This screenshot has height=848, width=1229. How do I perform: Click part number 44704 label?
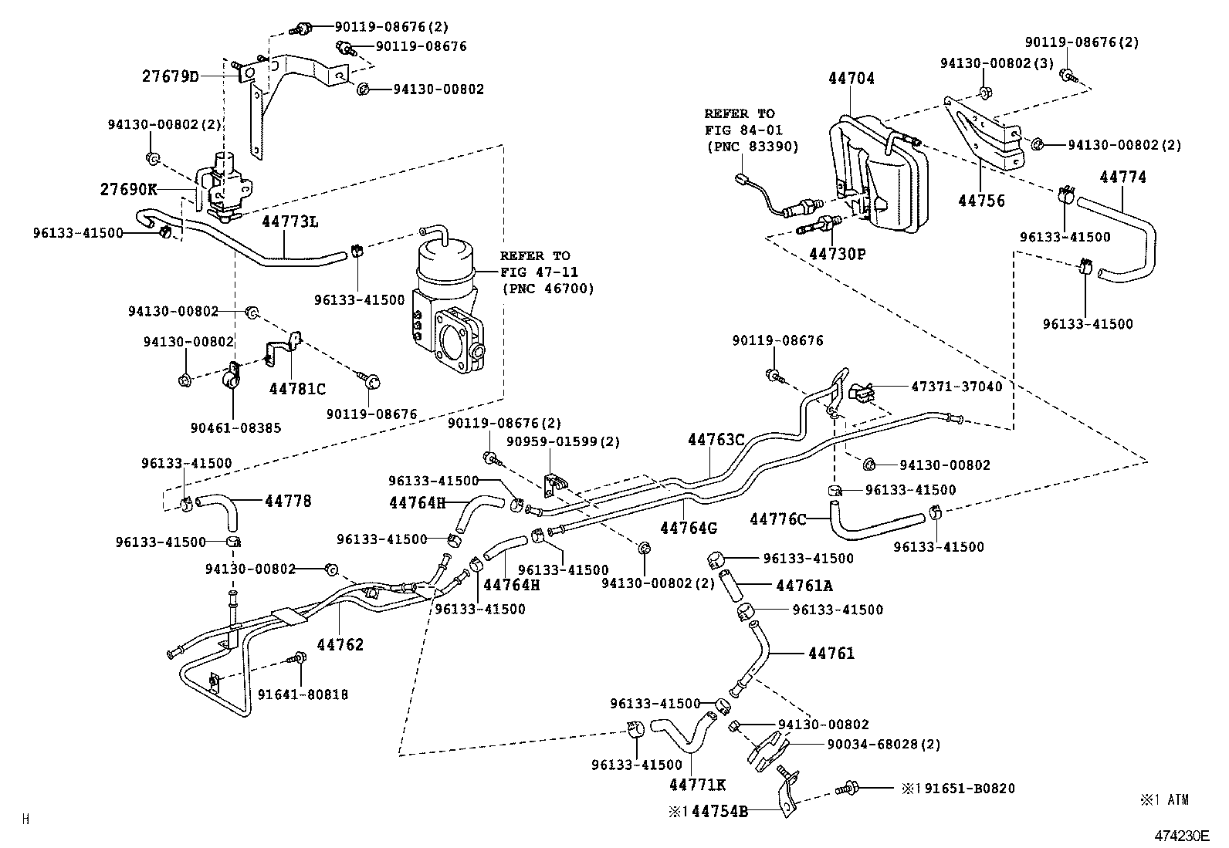(851, 79)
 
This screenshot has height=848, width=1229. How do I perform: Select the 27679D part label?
(170, 76)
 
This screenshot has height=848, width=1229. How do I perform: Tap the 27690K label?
(128, 189)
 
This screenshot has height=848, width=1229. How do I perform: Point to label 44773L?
(290, 222)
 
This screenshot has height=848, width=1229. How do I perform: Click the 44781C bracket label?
(297, 389)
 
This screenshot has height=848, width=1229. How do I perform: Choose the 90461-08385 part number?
(236, 427)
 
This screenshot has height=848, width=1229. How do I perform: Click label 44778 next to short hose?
(288, 501)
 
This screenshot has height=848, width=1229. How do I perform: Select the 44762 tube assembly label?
(340, 645)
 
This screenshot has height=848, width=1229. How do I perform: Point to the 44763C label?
(716, 440)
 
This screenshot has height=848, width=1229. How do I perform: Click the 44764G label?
(689, 529)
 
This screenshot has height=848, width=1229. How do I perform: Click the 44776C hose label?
(777, 519)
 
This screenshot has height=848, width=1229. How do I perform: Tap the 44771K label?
(697, 785)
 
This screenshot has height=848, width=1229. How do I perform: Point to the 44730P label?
(838, 252)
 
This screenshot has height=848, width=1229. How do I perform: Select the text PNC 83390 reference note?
(752, 147)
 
